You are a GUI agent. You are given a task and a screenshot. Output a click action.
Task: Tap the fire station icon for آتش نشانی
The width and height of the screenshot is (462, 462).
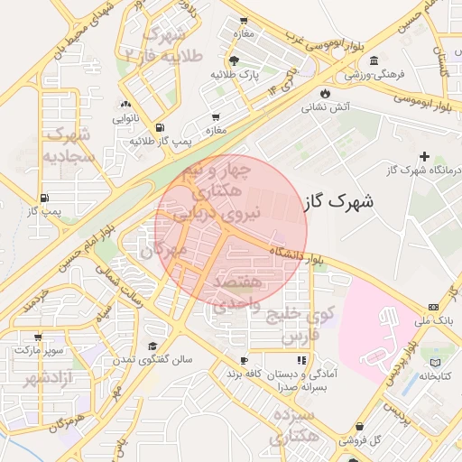point(324,93)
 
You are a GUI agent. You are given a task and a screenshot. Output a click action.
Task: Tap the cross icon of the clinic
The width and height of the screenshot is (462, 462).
point(424,157)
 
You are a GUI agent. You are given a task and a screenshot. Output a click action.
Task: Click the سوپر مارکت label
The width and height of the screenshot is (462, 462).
point(37,347)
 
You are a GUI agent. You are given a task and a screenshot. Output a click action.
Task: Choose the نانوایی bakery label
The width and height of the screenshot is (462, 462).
point(125,118)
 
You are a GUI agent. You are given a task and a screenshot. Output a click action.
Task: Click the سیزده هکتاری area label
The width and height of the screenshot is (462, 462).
point(291,427)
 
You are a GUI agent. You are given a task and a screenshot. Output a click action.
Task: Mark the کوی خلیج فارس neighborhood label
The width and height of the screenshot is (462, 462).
point(308,326)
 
